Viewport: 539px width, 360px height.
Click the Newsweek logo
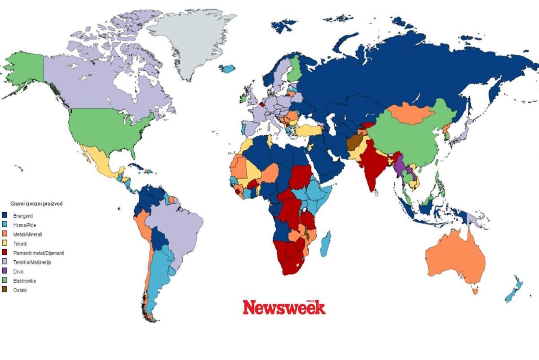coord(284,307)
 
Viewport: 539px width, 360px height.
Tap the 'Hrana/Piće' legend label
coord(24,225)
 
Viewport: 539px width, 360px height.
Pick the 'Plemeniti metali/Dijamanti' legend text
coord(38,253)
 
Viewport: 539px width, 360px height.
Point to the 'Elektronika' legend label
coord(25,281)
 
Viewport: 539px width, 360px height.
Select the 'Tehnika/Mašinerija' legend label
coord(32,262)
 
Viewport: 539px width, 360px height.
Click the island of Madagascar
coord(327,244)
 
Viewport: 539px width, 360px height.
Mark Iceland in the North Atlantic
coord(229,69)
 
